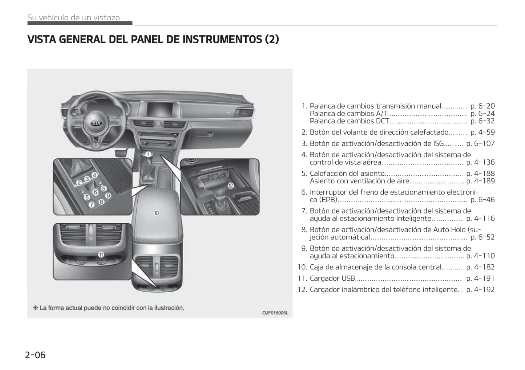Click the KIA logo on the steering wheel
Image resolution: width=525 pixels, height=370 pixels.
coord(96,123)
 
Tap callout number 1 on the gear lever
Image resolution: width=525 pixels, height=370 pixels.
coord(148,154)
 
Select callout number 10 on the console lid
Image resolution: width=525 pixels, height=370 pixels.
coord(157,213)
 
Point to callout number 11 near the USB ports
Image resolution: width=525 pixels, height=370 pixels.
coord(101,255)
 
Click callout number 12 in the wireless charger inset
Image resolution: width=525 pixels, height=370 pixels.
coord(230,186)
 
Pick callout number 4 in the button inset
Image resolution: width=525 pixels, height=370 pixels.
coord(94,175)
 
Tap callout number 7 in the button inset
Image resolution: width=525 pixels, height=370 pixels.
coord(92,204)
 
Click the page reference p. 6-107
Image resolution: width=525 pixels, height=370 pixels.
coord(480,143)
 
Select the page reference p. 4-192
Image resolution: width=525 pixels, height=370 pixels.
coord(480,289)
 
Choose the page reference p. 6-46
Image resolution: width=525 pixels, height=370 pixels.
coord(482,199)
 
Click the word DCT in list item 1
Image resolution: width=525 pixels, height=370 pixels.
coord(382,121)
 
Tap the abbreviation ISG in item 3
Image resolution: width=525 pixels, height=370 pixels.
coord(439,143)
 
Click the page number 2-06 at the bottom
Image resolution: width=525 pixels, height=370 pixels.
coord(35,355)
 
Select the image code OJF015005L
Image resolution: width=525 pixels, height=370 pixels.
coord(275,313)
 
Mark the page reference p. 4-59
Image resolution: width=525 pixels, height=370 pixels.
coord(482,132)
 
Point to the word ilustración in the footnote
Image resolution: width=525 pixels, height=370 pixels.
coord(167,308)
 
